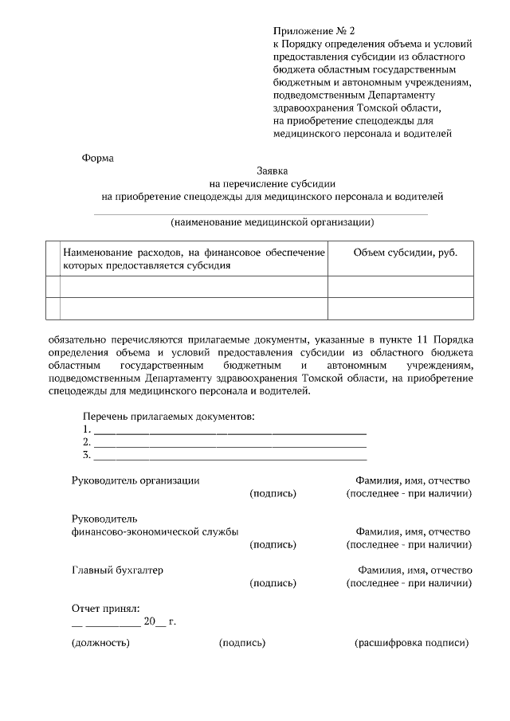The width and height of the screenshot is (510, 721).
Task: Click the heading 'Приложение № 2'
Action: [312, 29]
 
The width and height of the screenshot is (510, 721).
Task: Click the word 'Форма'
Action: [98, 158]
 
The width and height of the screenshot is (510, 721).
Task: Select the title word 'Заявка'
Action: [273, 170]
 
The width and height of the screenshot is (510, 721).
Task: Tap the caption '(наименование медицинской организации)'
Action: [272, 221]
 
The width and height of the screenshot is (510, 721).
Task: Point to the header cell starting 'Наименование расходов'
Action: [194, 259]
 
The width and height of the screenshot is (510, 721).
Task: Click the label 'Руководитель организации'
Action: [135, 480]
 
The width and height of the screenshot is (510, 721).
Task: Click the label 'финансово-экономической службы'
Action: [154, 532]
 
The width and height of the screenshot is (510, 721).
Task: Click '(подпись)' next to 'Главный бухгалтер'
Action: [273, 583]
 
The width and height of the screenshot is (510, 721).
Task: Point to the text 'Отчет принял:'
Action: [105, 608]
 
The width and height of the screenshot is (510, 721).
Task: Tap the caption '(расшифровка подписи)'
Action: [411, 643]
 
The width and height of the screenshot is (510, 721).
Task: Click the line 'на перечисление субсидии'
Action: [272, 183]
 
